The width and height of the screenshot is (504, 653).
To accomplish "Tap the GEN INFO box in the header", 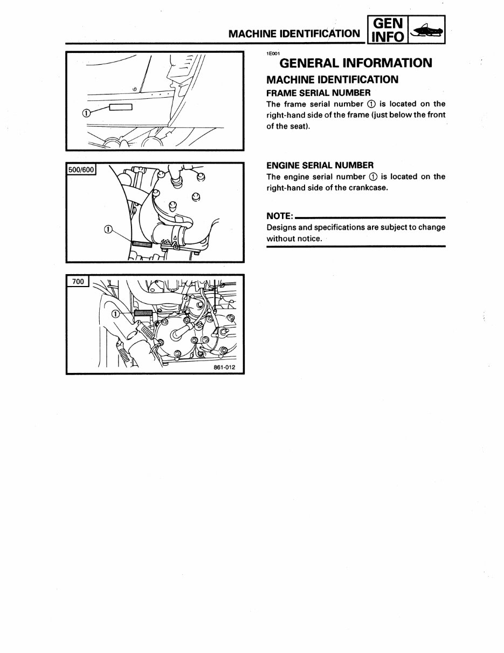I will (388, 30).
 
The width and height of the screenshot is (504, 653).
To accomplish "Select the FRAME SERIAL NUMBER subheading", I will (318, 93).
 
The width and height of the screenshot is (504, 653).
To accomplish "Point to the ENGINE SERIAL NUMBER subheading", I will (320, 165).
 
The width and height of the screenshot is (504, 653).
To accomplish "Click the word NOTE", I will (279, 216).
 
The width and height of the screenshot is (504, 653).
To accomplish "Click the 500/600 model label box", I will (81, 170).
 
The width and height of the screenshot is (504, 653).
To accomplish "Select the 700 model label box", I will (78, 282).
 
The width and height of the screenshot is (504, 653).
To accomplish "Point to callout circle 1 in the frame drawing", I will (86, 112).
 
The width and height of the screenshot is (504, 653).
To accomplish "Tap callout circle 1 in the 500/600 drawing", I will (107, 229).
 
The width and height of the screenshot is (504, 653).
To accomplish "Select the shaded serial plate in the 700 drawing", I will (143, 312).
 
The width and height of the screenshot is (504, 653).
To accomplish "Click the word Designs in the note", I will (280, 227).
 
